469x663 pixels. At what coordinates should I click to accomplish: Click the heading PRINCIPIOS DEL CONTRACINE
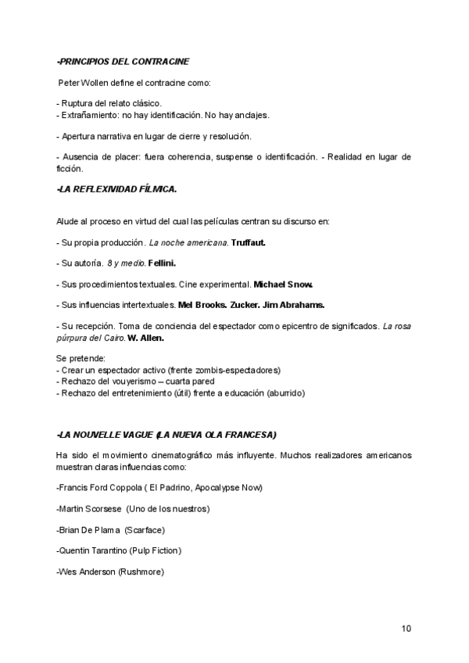(x=123, y=61)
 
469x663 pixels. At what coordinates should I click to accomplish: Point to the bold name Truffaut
(x=249, y=242)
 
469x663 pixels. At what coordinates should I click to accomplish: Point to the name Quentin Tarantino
(x=93, y=550)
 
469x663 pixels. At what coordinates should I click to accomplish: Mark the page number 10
(x=406, y=629)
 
